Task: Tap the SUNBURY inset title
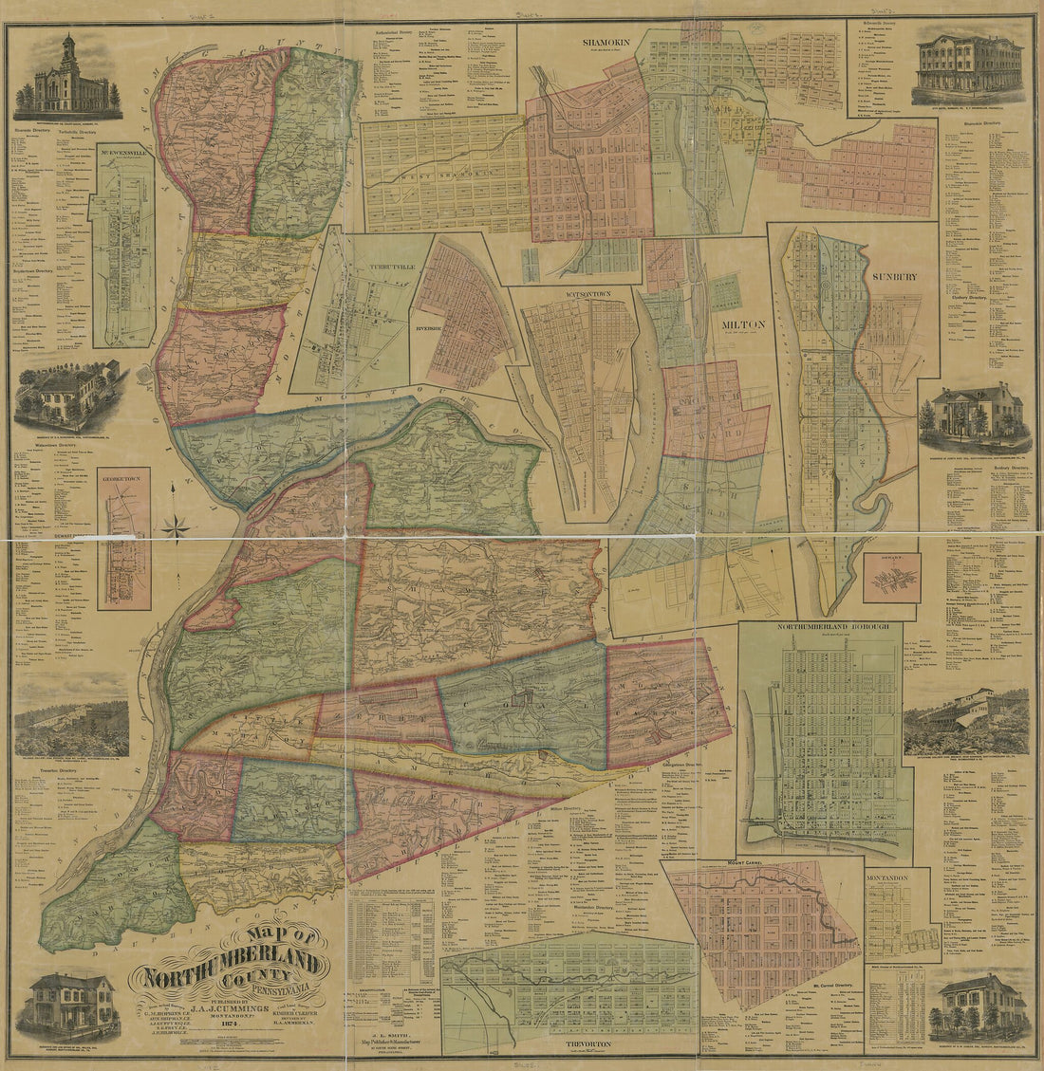click(893, 277)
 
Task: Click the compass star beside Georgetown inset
click(176, 525)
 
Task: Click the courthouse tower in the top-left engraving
click(68, 52)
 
